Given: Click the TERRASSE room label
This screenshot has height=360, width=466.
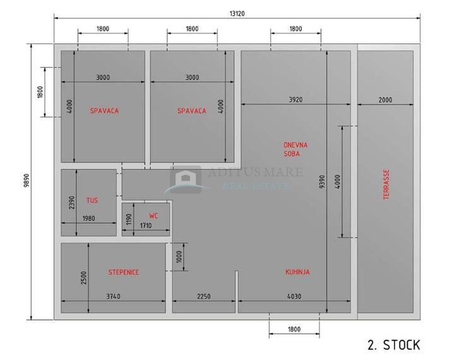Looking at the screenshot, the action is tap(386, 184).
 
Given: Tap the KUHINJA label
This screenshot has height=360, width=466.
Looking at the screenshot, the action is tap(297, 272).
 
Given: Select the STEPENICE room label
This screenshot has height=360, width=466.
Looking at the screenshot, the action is tap(123, 272).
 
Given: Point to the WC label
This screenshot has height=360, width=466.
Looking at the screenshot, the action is tap(153, 216).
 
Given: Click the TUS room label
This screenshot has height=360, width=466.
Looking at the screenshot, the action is tap(92, 200).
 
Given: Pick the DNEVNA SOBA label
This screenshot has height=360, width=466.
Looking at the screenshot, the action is tap(296, 150).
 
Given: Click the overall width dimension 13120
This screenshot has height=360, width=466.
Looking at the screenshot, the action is tap(237, 14).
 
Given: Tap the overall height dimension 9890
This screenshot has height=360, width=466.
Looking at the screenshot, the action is tap(27, 181).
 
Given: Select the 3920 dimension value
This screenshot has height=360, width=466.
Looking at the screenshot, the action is tap(296, 100).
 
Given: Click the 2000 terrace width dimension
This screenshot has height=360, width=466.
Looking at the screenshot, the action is tap(385, 100).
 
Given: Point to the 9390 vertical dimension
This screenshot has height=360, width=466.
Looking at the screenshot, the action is tap(322, 182).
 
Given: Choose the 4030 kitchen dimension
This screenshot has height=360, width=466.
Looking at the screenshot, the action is tap(294, 296).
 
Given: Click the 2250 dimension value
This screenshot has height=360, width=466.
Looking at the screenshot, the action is tap(204, 296).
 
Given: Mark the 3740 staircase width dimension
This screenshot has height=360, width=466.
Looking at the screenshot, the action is tap(113, 296).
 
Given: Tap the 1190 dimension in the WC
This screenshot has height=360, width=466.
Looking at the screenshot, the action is tap(129, 219).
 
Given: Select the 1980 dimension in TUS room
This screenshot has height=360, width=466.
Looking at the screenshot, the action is tap(88, 219).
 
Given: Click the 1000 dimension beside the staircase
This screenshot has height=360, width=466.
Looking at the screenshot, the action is tap(179, 256).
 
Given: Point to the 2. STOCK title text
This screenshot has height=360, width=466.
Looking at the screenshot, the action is tap(394, 345).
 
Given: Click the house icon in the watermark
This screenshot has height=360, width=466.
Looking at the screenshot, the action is tap(186, 179).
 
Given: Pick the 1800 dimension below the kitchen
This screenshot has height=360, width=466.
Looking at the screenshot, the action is tap(294, 329).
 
